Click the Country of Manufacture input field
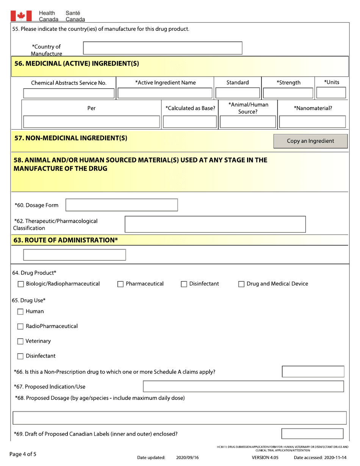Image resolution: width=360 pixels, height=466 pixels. point(163,48)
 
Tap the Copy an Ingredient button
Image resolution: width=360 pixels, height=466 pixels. point(310,141)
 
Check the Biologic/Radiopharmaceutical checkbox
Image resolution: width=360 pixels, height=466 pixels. point(21,284)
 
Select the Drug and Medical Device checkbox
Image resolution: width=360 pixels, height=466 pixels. point(241,284)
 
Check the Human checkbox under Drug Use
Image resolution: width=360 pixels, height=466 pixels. point(21,312)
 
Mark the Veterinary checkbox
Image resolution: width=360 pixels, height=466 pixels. point(21,341)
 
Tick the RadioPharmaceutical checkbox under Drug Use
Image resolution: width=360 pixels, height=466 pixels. point(21,327)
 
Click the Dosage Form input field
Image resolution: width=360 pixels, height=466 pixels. point(122,205)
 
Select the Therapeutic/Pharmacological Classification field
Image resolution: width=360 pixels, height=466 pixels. point(215,224)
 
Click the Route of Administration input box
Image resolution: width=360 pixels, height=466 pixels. point(74,255)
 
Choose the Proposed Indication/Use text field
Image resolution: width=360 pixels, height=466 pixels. point(243,386)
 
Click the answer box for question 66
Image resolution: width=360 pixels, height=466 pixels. point(313,372)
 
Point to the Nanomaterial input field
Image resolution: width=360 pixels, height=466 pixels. point(313,122)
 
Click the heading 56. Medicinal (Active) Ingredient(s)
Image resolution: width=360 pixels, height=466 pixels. point(77,64)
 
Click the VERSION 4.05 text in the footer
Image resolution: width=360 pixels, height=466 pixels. point(265,458)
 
